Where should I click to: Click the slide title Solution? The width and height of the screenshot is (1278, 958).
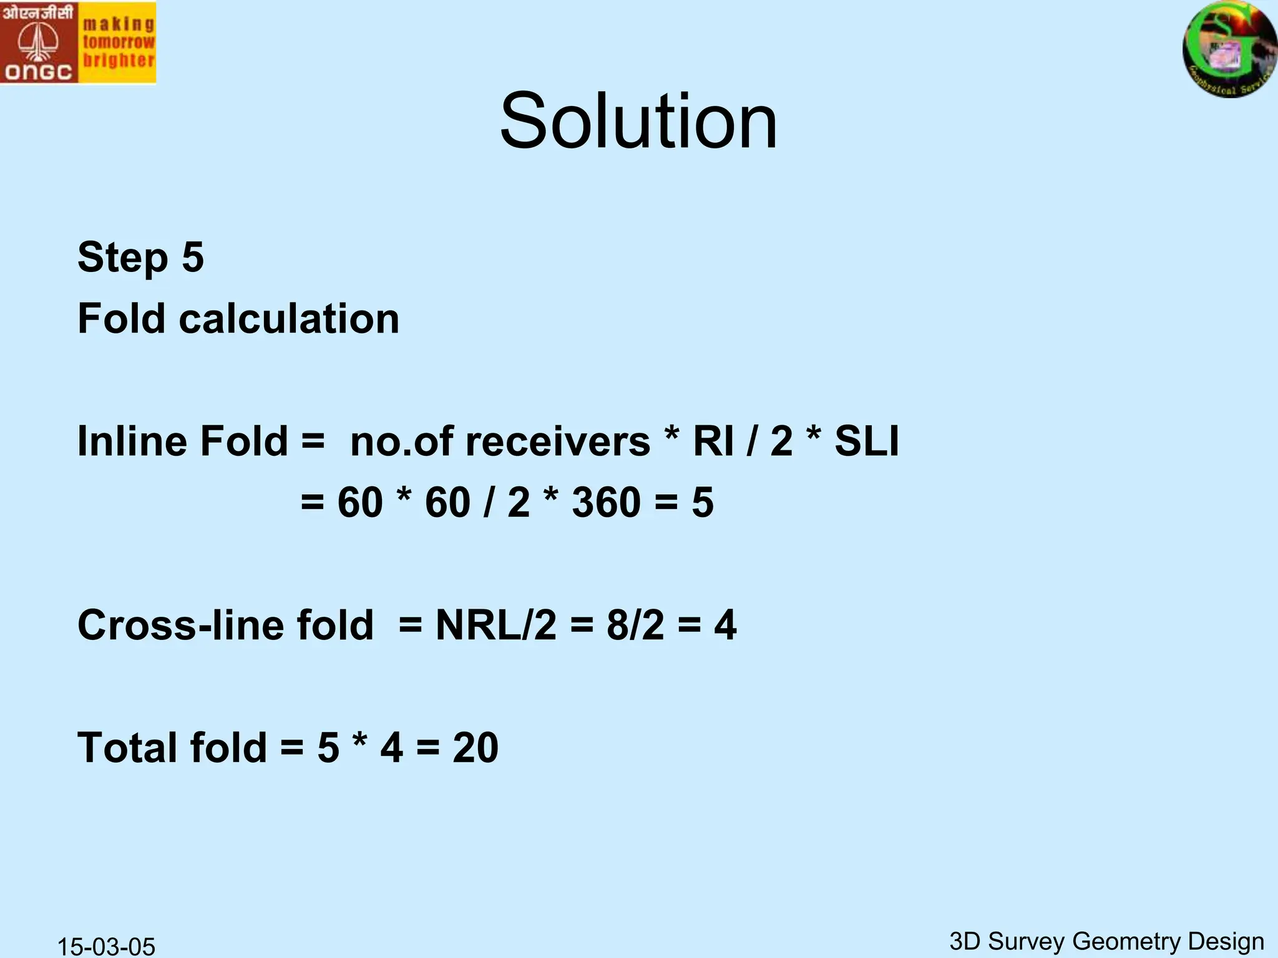[x=638, y=121]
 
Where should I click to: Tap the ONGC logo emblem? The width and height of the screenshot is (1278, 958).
[x=38, y=42]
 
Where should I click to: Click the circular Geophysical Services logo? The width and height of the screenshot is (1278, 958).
[x=1229, y=49]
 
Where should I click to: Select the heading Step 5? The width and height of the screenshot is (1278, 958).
[x=140, y=257]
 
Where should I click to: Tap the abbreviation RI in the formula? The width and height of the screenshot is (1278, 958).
[x=713, y=442]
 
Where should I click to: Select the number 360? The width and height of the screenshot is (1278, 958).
[x=606, y=502]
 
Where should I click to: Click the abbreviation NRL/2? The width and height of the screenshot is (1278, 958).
[x=495, y=625]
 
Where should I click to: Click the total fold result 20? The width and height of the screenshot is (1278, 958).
[x=476, y=747]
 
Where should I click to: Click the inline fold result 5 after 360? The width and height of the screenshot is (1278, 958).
[x=703, y=502]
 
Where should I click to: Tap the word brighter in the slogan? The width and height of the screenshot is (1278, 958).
[x=118, y=61]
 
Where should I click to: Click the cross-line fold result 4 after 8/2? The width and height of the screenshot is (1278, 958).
[x=725, y=625]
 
